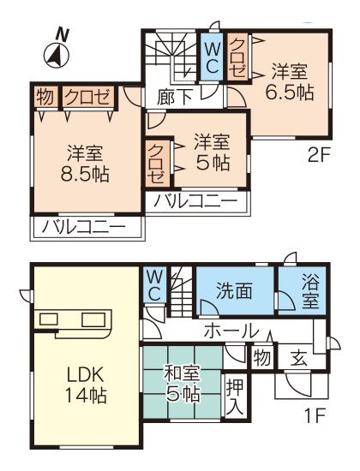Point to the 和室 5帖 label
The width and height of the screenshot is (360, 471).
183,384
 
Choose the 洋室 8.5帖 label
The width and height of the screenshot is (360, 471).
85,163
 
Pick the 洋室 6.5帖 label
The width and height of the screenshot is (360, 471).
288,80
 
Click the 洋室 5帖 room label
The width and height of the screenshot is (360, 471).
211,151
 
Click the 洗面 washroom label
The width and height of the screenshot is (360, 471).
233,290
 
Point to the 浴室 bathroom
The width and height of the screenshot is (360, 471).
310,290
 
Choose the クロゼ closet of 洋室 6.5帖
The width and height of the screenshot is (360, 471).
236,56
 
